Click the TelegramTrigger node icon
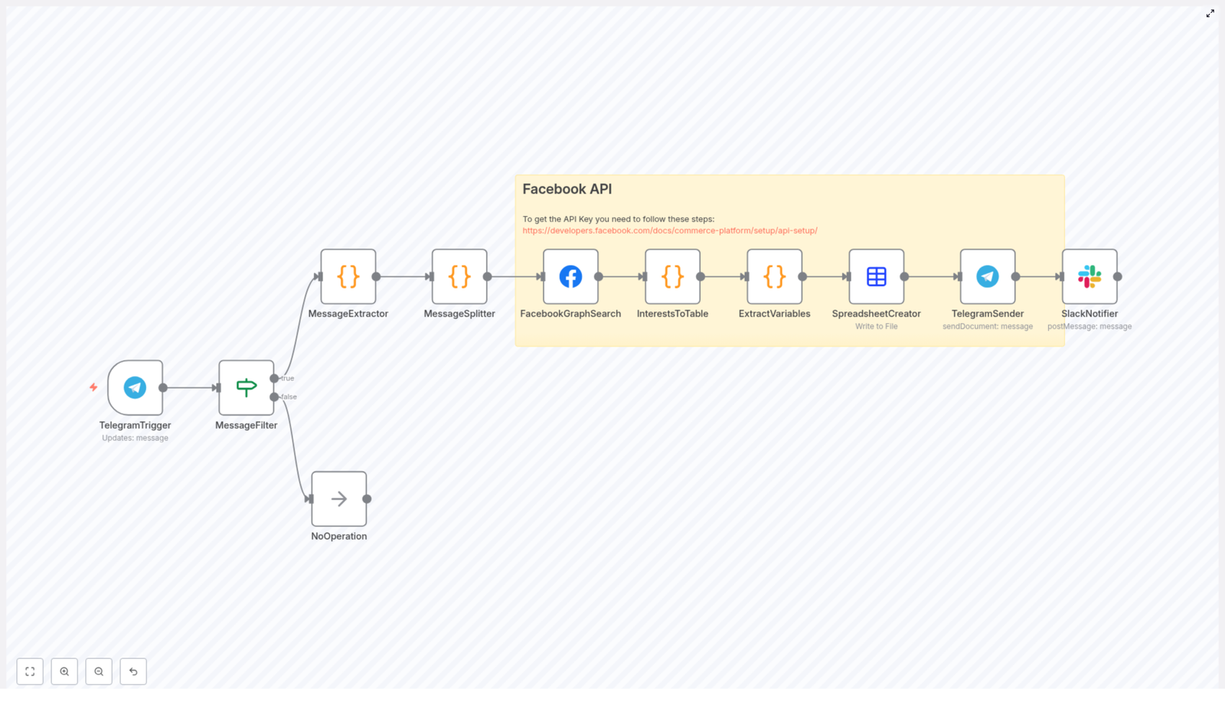point(135,387)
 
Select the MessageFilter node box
point(246,387)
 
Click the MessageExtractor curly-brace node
point(348,276)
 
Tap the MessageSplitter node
point(459,276)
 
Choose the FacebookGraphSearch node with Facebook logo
point(570,276)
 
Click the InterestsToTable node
point(672,276)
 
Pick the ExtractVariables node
point(774,276)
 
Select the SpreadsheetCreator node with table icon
point(876,276)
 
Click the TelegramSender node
point(987,276)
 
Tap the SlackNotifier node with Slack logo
point(1089,276)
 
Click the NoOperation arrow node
point(338,498)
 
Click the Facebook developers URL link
point(669,230)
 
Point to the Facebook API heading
point(567,189)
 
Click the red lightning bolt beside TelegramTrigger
point(93,387)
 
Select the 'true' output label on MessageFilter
point(288,378)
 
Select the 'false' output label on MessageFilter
point(289,397)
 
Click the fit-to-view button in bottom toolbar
point(30,671)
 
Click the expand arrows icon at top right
point(1210,14)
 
